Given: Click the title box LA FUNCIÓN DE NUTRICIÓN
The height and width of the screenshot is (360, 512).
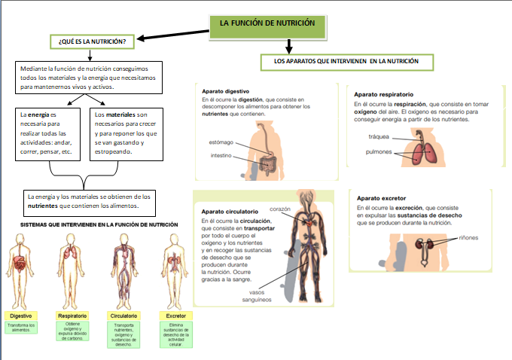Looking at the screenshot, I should pyautogui.click(x=267, y=24).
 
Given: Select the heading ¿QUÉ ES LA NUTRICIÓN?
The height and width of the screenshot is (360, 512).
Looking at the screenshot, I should pyautogui.click(x=92, y=41).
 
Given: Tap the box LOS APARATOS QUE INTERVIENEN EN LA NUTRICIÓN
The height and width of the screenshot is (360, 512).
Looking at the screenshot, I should pyautogui.click(x=347, y=60).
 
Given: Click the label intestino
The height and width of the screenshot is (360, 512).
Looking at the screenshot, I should pyautogui.click(x=223, y=156).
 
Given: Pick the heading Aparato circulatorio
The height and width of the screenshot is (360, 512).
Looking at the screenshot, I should pyautogui.click(x=230, y=212).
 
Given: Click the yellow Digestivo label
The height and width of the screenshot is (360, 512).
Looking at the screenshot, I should pyautogui.click(x=20, y=316).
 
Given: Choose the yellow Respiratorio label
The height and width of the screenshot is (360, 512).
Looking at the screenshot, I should pyautogui.click(x=72, y=316).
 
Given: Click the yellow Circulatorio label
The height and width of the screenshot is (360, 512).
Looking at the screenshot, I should pyautogui.click(x=123, y=316).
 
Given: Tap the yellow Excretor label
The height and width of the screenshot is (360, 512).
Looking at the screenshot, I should pyautogui.click(x=176, y=316).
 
